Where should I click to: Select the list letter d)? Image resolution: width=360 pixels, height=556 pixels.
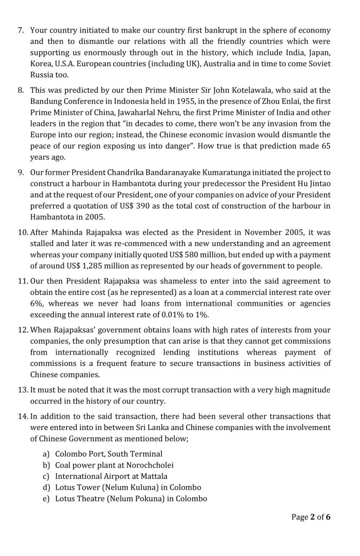point(46,488)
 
